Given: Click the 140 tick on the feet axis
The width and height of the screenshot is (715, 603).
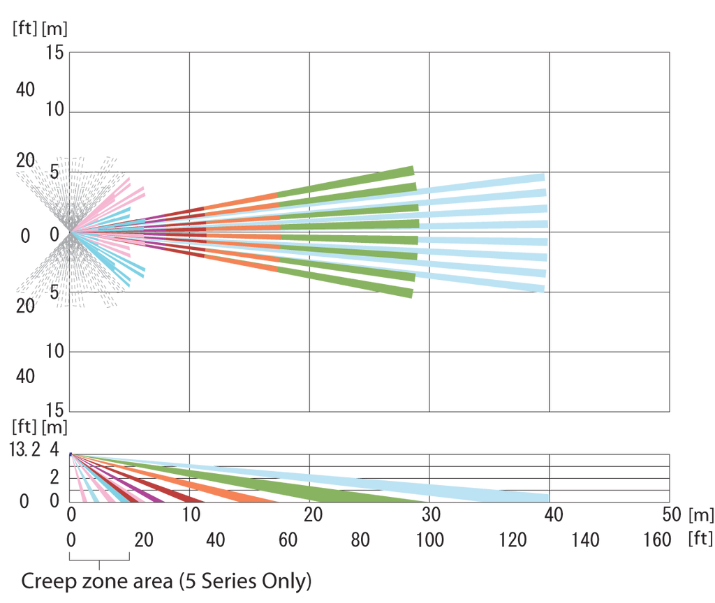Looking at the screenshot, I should coord(586,539).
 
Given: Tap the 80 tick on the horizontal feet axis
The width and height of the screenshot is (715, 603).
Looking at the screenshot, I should coord(360,539).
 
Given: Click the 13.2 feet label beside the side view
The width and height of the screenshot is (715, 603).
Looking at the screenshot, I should coord(25,449).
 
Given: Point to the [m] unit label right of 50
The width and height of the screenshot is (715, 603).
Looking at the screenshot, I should coord(700,515).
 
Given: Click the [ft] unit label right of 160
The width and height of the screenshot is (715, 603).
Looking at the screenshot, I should coord(700,539).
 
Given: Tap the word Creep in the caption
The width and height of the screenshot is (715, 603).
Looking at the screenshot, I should coord(46,581).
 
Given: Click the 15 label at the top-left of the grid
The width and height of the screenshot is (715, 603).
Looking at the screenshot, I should coord(55,52).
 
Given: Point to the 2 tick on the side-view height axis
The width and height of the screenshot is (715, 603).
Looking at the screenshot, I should coord(55,476).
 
